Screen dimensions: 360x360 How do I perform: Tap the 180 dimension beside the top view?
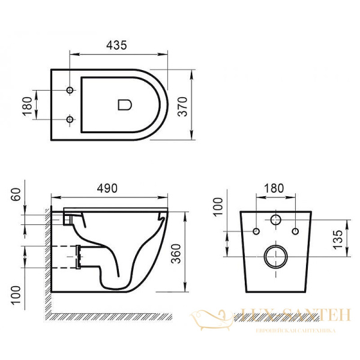point(26,105)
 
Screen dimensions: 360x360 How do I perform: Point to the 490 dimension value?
point(109,187)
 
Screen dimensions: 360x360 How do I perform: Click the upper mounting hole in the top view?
point(70,90)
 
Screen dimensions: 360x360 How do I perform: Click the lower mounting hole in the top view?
point(70,119)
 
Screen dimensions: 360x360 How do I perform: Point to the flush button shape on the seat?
point(124,104)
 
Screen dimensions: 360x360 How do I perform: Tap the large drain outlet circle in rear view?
point(275,257)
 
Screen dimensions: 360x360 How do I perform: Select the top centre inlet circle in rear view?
point(276,220)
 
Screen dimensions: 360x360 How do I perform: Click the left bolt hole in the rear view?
point(256,232)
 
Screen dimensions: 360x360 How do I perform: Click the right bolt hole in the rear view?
point(295,232)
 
